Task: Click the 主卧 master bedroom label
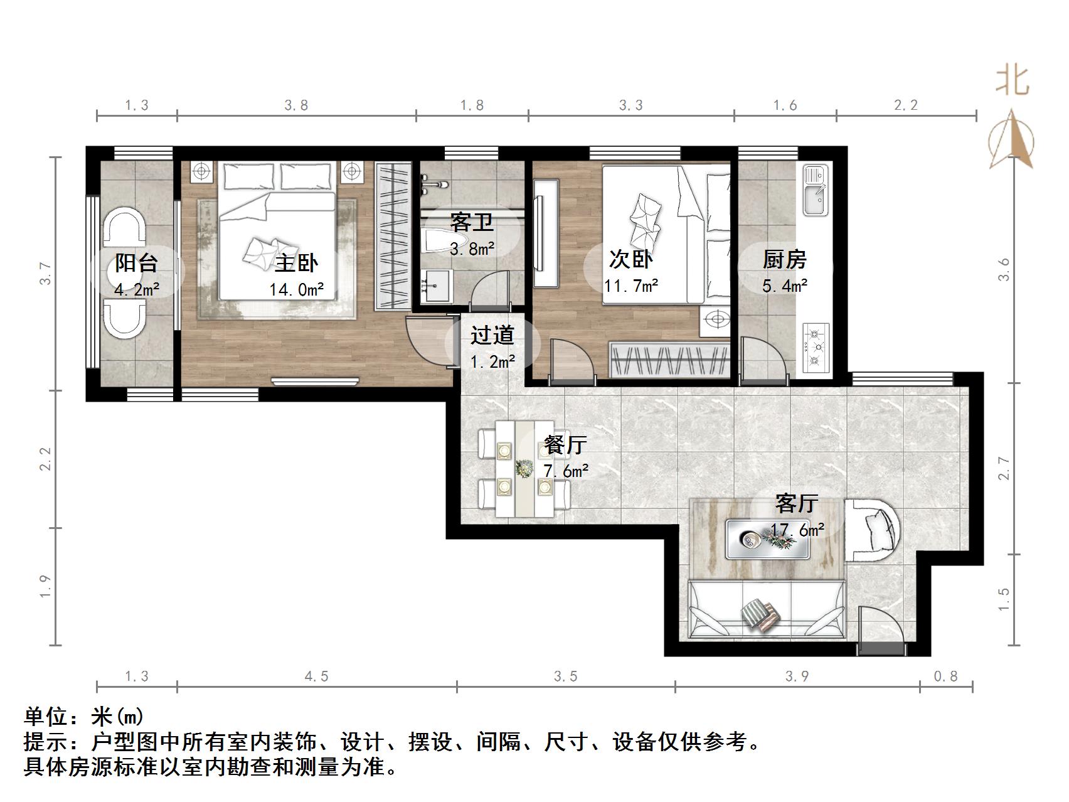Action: coord(297,262)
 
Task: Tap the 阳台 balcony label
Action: coord(136,262)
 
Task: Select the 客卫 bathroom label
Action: coord(472,222)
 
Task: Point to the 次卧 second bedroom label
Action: coord(631,259)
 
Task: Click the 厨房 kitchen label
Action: coord(784,259)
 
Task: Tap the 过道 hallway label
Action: coord(492,335)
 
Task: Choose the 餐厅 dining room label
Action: coord(565,444)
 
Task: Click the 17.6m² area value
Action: coord(797,530)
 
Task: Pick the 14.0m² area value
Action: coord(297,289)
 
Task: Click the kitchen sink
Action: coord(816,190)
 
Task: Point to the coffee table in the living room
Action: coord(767,539)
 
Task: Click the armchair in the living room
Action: coord(872,530)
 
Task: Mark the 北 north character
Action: coord(1012,82)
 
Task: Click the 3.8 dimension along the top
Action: coord(296,105)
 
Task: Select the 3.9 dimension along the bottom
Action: coord(797,676)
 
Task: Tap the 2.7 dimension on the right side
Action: coord(1004,468)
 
